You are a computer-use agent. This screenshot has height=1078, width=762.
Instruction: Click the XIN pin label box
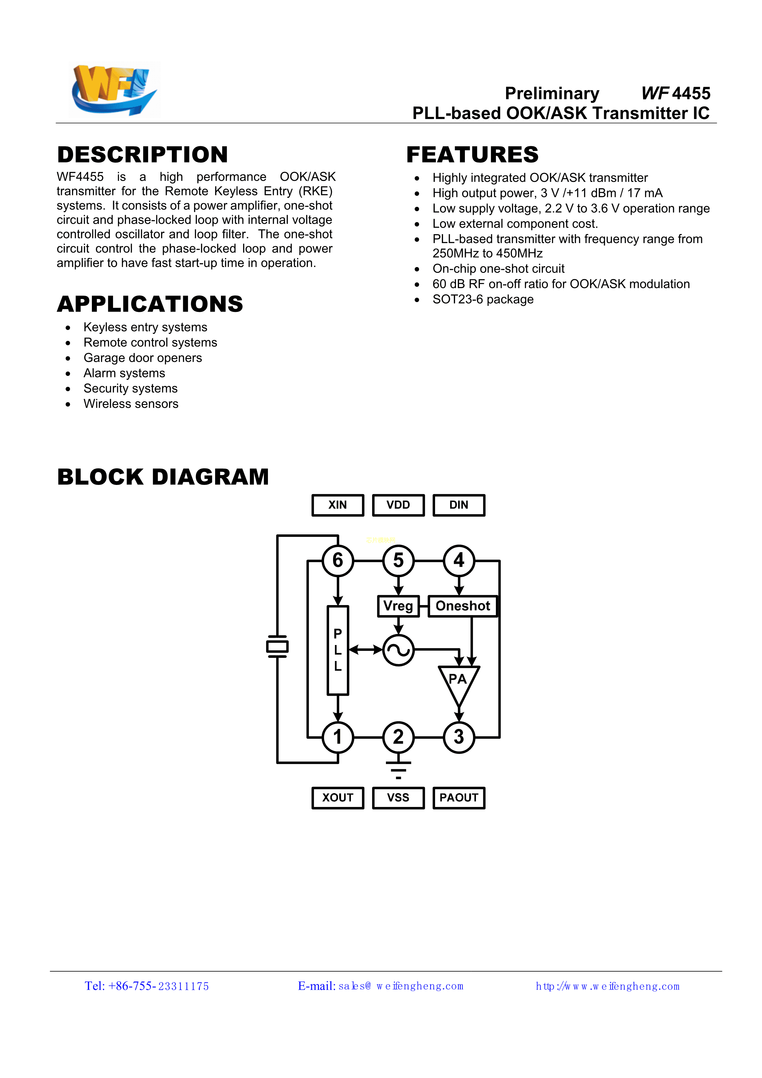pos(338,505)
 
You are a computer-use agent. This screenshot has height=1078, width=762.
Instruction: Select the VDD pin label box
pos(398,505)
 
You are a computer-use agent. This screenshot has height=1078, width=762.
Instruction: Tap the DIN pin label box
pos(459,505)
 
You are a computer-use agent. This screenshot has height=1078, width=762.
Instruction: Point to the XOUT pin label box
pos(338,798)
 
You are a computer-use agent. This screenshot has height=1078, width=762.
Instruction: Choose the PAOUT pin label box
pos(459,798)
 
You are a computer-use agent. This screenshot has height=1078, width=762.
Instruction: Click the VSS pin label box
pos(398,798)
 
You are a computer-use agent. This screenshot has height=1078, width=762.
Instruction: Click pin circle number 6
pos(338,561)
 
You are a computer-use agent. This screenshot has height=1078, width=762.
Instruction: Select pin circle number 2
pos(398,737)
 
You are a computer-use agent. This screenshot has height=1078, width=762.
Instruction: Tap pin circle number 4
pos(459,561)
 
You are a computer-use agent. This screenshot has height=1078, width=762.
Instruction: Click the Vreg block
pos(398,606)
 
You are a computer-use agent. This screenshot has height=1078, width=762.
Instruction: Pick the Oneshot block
pos(462,606)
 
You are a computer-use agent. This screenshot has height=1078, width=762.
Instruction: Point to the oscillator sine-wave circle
pos(398,650)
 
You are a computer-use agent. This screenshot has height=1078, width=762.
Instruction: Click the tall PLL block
pos(338,650)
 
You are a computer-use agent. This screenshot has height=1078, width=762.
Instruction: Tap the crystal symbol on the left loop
pos(277,647)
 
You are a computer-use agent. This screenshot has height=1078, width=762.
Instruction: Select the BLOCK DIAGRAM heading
pos(163,477)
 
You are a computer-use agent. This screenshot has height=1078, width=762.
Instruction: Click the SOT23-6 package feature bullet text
pos(483,300)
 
